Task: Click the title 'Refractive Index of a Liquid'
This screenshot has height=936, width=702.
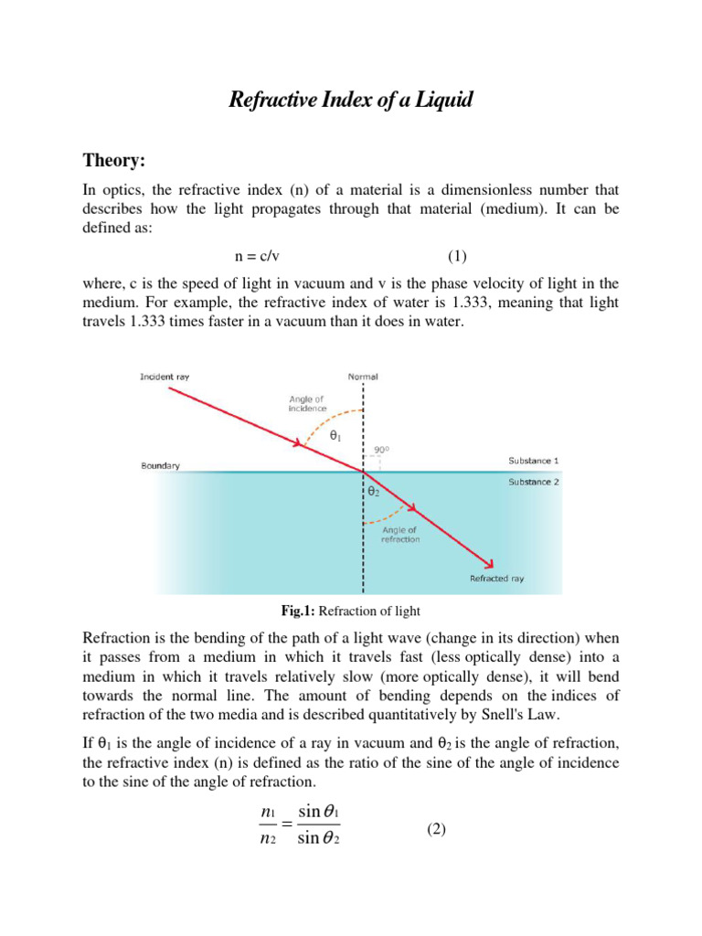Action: click(350, 100)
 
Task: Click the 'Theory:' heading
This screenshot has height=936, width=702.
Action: click(115, 161)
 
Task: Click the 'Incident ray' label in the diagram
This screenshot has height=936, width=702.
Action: click(165, 376)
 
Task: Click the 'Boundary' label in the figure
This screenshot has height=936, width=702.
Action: click(160, 465)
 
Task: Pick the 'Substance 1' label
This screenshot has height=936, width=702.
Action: click(534, 460)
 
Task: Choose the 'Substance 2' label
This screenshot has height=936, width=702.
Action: click(534, 482)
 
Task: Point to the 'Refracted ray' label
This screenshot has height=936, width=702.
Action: click(496, 579)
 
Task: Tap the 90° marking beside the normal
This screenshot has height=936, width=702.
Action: click(381, 450)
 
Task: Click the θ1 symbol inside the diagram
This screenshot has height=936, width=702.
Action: click(335, 438)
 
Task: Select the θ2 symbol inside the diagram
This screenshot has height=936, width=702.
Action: click(373, 492)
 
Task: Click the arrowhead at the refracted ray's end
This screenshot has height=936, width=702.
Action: click(490, 563)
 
